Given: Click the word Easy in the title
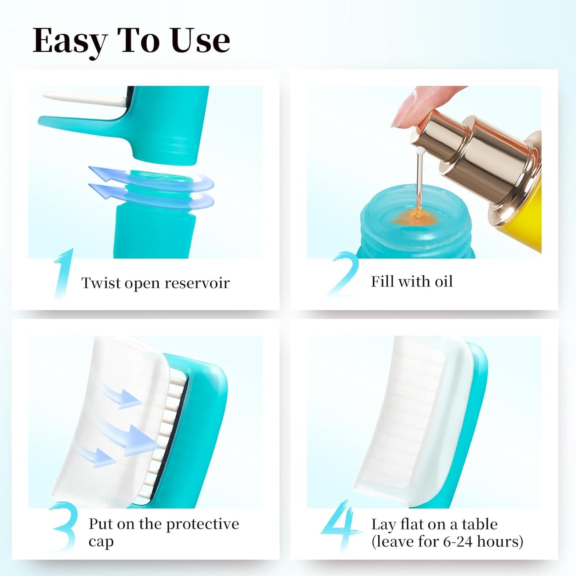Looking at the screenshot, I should (x=70, y=41).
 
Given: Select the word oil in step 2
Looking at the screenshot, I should (x=443, y=281).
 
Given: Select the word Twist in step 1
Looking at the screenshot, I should (x=101, y=283).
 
